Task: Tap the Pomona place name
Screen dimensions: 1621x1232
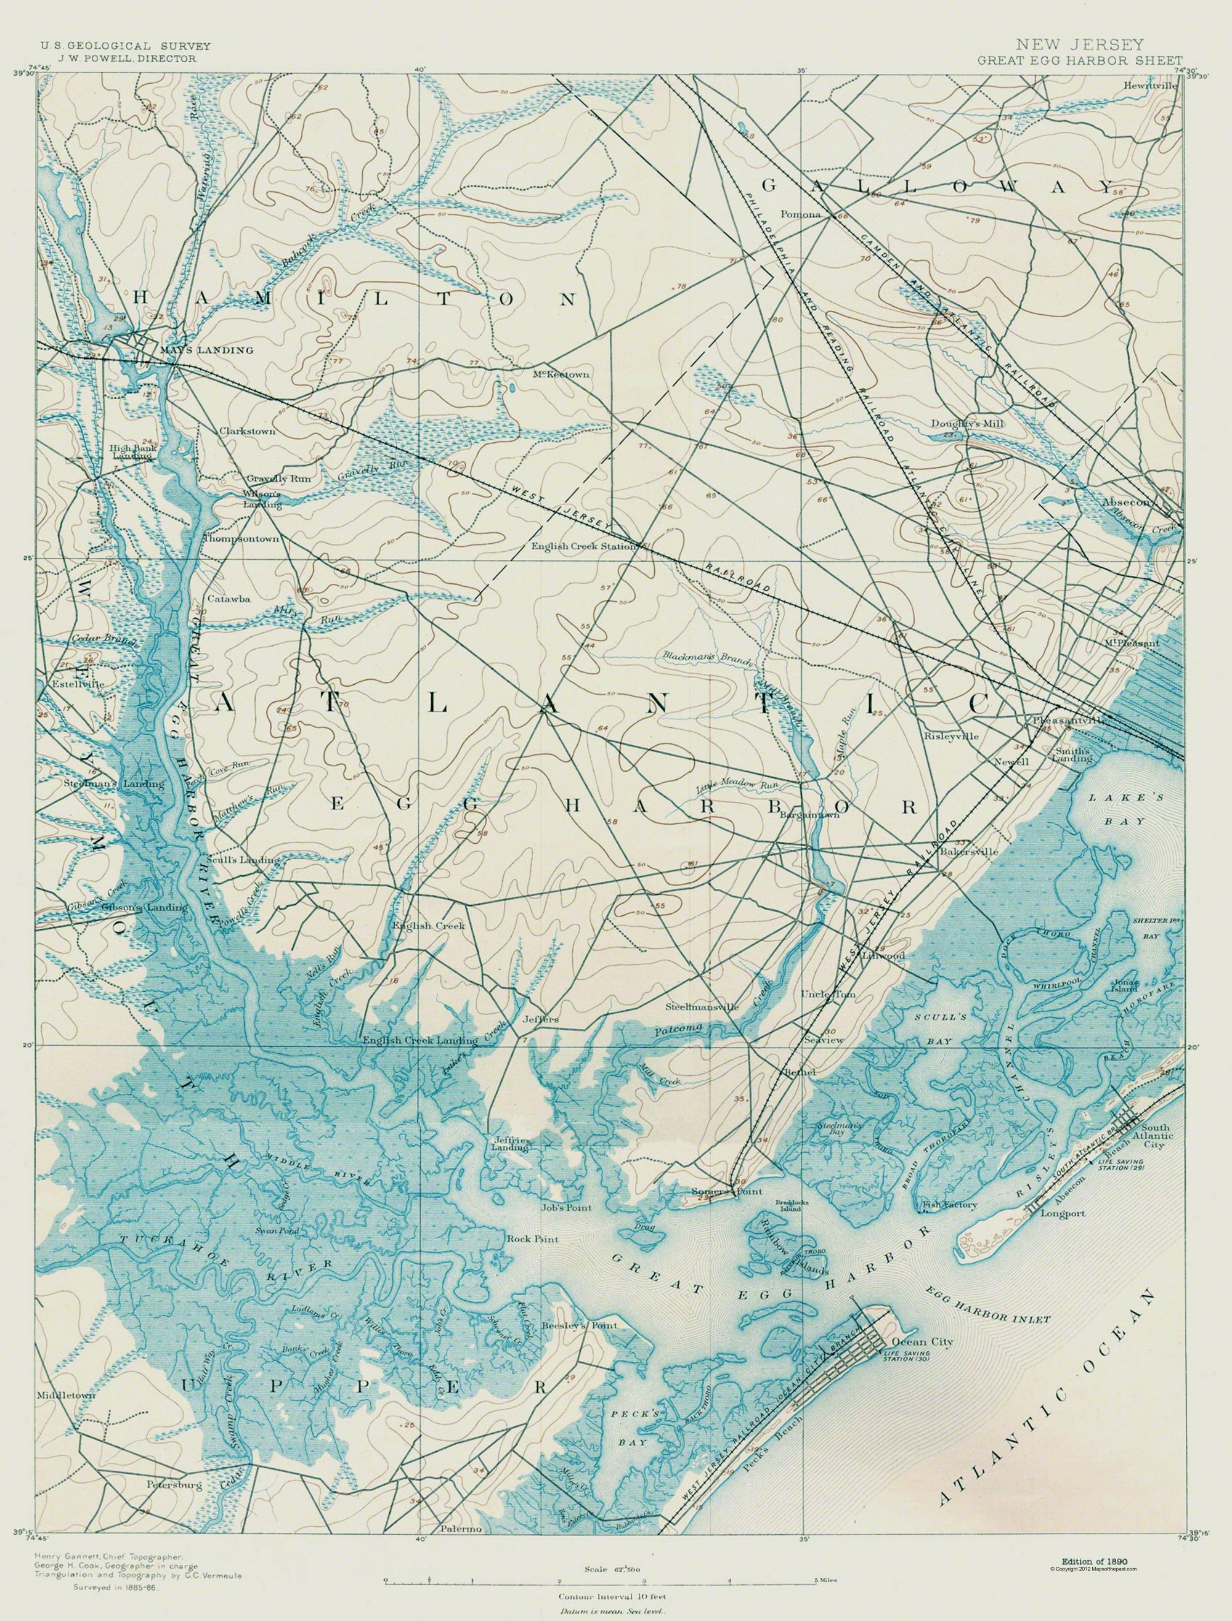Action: [x=804, y=216]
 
